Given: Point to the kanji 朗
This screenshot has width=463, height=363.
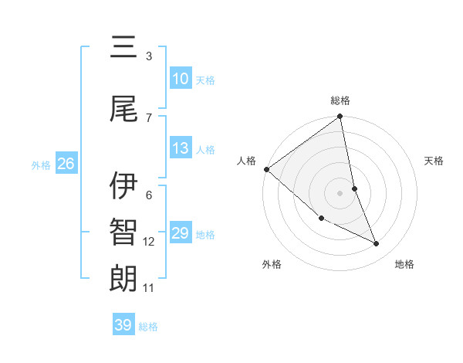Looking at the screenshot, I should pos(123,278).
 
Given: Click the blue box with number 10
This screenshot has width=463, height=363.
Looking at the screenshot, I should pos(180,79).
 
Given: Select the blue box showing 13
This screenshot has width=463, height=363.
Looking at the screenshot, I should pos(180,148).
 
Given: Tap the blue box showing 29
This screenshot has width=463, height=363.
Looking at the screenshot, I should pos(180,233).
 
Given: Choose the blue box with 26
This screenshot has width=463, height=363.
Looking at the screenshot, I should pos(66,164).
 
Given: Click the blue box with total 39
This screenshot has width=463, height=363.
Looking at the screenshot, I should pos(123,325).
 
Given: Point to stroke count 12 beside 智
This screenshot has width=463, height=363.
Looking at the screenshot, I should pos(149,242).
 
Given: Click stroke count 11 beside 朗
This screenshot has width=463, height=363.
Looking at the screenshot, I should pos(149,288).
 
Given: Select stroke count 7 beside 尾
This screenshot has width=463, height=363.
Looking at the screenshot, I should pos(149,117).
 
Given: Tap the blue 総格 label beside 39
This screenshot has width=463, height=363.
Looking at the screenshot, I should pos(149,327).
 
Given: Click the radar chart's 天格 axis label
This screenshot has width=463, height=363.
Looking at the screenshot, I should pos(434,161).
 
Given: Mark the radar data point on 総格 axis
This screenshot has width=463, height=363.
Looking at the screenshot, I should pos(340,117).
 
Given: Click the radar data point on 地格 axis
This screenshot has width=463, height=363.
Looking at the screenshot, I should pos(377,244).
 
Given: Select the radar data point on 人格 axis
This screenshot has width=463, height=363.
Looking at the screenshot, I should pos(266,169).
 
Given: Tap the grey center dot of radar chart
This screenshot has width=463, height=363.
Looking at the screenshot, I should pos(340,193).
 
